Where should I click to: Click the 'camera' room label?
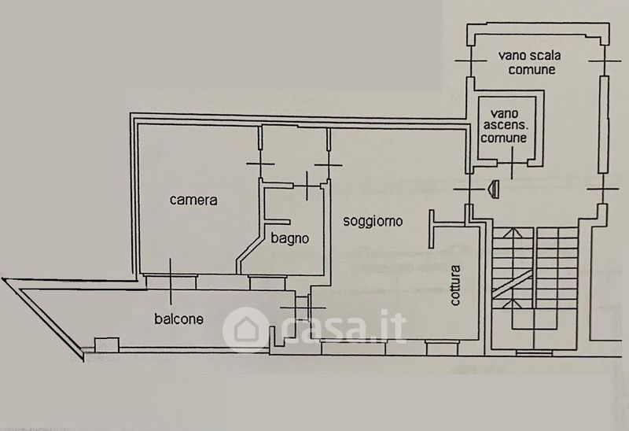193,200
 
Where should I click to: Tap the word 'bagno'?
290,238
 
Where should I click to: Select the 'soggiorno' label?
373,222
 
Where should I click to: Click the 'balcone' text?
179,319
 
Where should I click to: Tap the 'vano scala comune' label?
526,62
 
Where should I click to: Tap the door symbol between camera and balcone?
171,282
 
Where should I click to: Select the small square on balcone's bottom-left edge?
101,344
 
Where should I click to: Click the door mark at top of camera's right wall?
259,164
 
